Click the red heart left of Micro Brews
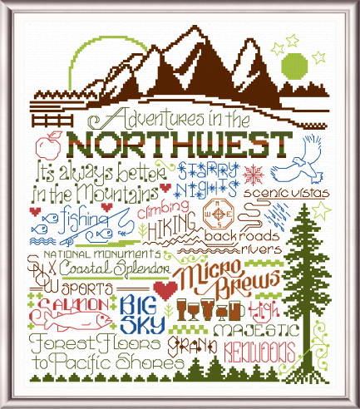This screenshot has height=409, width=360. [x=165, y=288]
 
